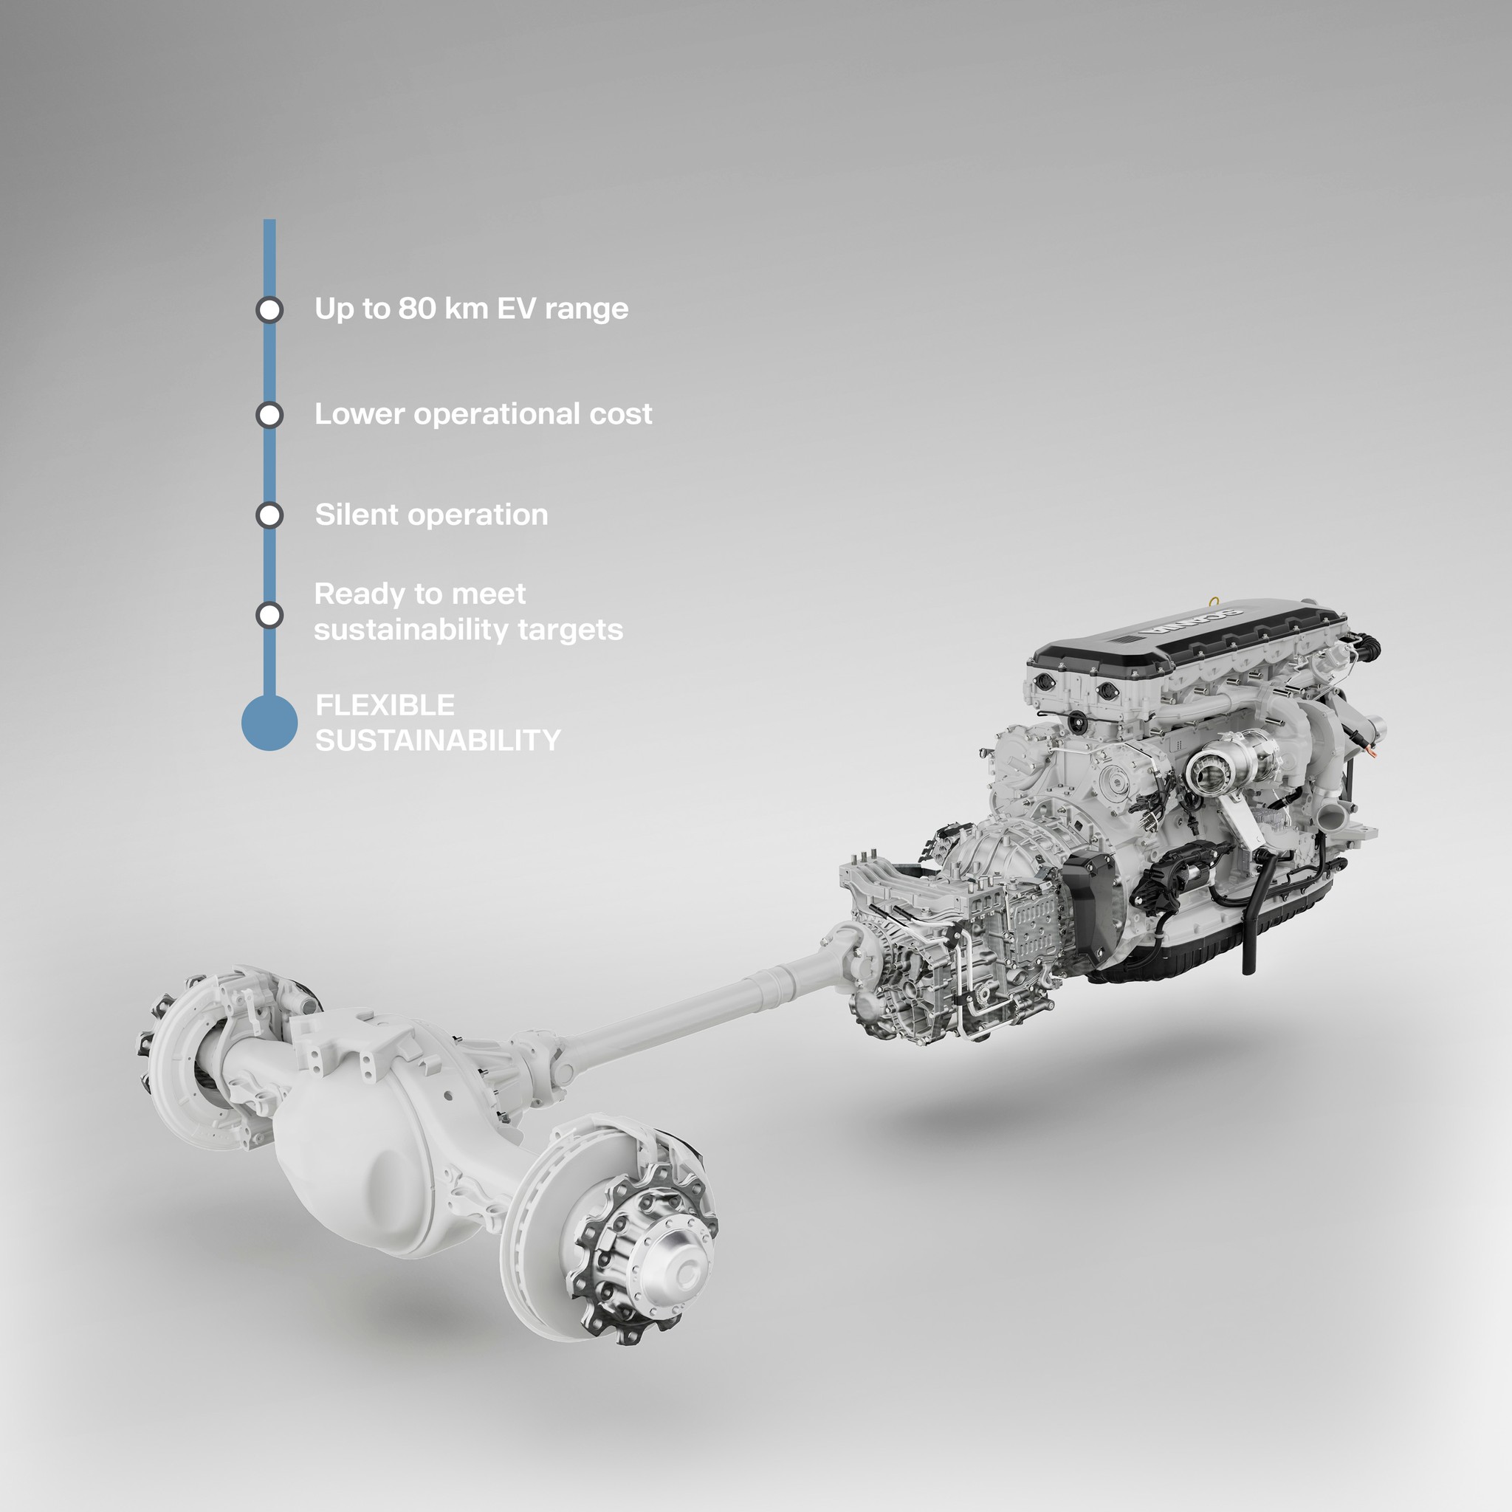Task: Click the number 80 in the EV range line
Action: click(x=416, y=309)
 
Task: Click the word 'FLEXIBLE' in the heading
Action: click(x=384, y=705)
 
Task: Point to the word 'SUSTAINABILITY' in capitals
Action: click(x=439, y=740)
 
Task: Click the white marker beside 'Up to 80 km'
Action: click(x=269, y=310)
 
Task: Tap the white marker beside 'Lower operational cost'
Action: click(x=269, y=415)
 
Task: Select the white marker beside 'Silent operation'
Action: click(x=269, y=516)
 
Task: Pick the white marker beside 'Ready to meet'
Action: click(x=269, y=615)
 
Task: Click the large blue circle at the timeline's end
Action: click(x=269, y=723)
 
